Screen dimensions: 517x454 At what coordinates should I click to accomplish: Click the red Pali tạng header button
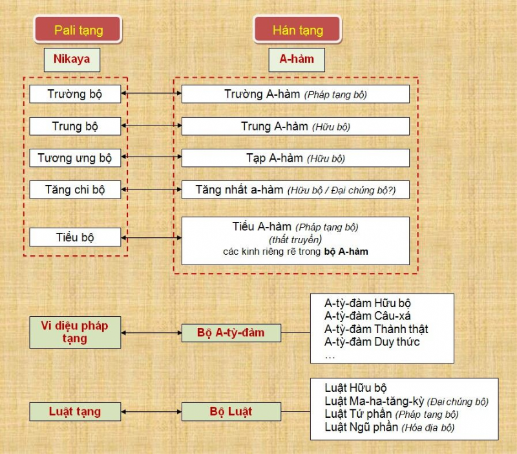[78, 30]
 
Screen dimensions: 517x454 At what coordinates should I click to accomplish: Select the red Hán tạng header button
[297, 30]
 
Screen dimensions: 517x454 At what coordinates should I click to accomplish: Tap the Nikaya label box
[72, 59]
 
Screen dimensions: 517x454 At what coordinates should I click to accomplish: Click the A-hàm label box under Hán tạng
[297, 59]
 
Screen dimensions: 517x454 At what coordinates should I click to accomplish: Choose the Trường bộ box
[75, 94]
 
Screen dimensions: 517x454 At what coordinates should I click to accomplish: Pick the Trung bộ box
[75, 126]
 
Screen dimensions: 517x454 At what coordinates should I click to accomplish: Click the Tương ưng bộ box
[75, 158]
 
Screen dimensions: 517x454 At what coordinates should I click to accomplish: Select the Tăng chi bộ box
[75, 189]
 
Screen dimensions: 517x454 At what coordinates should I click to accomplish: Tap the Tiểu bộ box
[75, 237]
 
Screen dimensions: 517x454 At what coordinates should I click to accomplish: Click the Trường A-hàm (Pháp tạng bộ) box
[295, 94]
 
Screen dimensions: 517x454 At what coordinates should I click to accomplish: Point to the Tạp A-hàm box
[295, 158]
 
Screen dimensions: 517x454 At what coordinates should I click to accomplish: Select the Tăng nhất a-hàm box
[295, 189]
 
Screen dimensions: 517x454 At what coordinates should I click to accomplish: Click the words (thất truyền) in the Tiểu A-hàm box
[295, 239]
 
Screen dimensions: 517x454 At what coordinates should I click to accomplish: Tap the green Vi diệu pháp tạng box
[75, 332]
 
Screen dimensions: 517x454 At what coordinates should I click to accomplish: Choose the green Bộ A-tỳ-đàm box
[231, 332]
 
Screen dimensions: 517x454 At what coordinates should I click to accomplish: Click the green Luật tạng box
[75, 411]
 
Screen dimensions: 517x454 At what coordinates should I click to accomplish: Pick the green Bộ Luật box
[231, 411]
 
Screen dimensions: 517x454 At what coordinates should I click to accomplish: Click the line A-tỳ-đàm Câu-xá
[367, 316]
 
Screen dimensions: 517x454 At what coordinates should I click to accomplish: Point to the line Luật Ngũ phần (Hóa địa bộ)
[390, 427]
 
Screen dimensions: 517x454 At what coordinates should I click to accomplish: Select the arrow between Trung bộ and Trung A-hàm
[151, 125]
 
